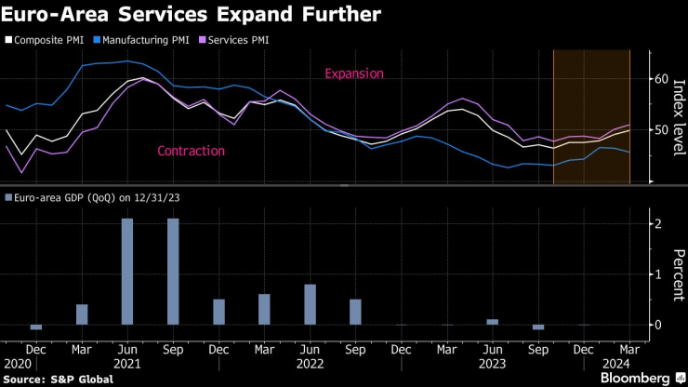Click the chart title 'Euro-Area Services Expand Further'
click(187, 16)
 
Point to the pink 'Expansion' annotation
click(353, 73)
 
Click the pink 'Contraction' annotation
click(191, 151)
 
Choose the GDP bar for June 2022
click(310, 304)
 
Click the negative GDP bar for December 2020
click(36, 327)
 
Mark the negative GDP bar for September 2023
click(537, 327)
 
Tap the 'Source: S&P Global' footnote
click(59, 379)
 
